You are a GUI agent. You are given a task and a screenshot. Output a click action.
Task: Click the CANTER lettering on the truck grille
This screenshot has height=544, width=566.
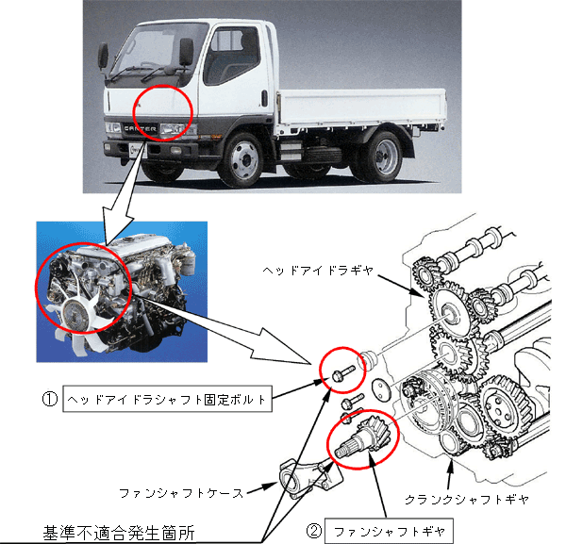140,128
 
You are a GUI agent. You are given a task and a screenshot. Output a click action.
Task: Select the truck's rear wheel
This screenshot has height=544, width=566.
382,157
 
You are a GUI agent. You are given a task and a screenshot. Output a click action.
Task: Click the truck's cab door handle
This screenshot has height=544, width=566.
264,98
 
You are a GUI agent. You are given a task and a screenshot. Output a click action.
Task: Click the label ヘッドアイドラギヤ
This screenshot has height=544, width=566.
318,271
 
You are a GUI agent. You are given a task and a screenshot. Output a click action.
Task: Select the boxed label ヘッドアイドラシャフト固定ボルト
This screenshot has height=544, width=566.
167,399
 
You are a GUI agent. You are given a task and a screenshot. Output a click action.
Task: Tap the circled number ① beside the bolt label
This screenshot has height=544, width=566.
50,399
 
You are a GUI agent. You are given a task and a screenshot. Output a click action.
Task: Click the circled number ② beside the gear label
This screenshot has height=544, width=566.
314,531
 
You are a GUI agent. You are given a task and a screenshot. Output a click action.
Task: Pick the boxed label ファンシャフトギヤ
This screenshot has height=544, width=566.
389,531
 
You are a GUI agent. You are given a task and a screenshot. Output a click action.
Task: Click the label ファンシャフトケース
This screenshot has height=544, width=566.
181,493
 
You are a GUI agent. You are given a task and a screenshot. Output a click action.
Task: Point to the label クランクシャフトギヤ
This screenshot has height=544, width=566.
467,500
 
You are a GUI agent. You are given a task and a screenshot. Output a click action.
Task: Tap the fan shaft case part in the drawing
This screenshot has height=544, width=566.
310,478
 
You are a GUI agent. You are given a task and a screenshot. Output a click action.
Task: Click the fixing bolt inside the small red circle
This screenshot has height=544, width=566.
343,373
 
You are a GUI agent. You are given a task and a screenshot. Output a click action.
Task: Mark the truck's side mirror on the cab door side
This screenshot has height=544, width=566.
186,52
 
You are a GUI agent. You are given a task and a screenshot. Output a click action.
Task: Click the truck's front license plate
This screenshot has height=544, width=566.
136,150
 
